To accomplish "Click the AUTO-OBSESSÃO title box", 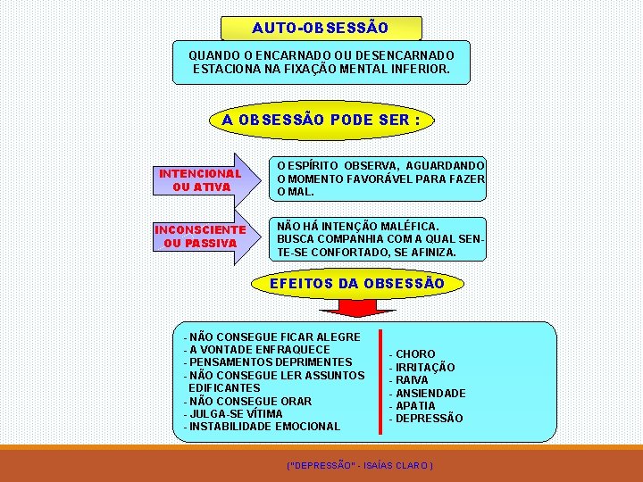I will click(x=321, y=28).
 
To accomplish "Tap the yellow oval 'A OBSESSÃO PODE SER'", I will click(x=321, y=120).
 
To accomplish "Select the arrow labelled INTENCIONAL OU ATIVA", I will click(x=201, y=180).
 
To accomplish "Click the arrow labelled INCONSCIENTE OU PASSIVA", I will click(x=201, y=237).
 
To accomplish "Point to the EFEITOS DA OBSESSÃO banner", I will click(x=357, y=284).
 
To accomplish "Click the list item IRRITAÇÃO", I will click(x=425, y=368).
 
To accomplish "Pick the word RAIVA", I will click(x=413, y=380).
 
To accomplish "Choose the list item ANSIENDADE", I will click(x=430, y=393).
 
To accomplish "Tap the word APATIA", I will click(x=415, y=406).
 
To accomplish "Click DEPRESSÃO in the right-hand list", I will click(x=430, y=419).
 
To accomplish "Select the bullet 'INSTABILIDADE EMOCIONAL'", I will click(x=264, y=427).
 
